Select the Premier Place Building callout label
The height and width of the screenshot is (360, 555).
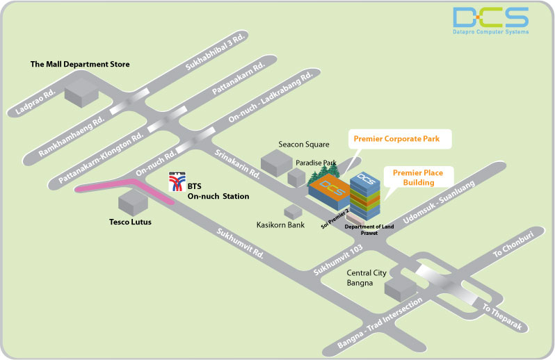click(413, 177)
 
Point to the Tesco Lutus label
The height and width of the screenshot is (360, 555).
click(131, 222)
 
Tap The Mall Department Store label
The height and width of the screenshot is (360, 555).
click(80, 65)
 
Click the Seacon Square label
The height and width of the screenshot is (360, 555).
click(304, 145)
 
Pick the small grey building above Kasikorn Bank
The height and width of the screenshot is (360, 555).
click(291, 211)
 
